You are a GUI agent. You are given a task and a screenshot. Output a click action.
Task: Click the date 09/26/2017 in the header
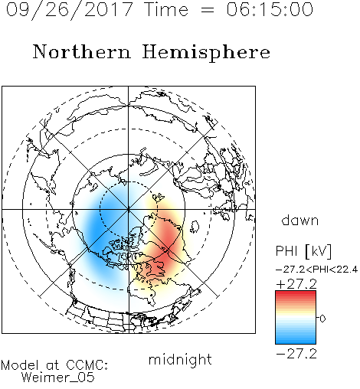pos(69,9)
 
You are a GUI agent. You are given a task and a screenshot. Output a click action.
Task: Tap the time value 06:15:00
pos(270,9)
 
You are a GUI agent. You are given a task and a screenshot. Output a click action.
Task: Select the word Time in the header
pos(166,9)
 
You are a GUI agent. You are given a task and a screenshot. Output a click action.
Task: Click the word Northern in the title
pos(82,51)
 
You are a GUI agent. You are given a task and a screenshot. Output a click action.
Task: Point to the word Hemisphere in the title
pos(206,53)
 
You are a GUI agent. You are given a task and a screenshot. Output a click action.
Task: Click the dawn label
pos(299,220)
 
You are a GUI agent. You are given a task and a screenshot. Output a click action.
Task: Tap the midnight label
pos(180,359)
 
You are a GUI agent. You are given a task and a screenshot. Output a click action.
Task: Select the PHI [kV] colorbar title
pos(303,251)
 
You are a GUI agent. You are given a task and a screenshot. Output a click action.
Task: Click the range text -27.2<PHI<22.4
pos(316,270)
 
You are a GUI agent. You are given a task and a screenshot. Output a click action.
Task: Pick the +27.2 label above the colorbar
pos(296,284)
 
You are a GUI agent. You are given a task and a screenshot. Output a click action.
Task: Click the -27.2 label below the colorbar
pos(296,354)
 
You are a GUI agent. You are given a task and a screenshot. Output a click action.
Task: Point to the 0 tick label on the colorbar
pos(322,319)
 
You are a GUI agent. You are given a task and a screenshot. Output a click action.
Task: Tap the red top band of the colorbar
pos(296,294)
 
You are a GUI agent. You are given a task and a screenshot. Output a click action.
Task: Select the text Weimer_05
pos(58,378)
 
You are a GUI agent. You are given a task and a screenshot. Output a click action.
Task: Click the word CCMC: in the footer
pos(87,365)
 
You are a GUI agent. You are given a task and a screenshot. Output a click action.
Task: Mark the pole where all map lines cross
pos(129,209)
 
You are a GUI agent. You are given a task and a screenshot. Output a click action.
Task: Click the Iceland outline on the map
pos(195,227)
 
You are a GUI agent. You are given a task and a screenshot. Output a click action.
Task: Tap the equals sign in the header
pos(208,10)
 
